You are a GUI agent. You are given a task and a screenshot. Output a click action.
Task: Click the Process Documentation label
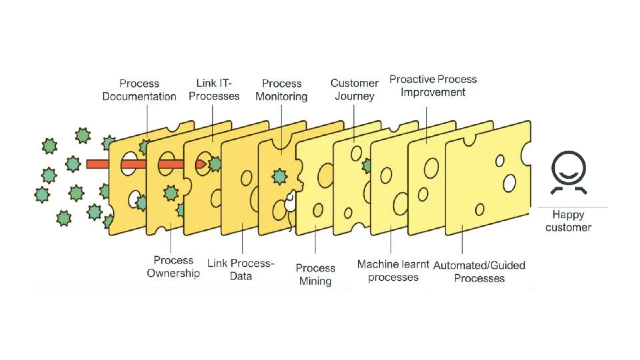pos(139,90)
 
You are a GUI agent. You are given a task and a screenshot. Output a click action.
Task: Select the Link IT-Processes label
pos(214,90)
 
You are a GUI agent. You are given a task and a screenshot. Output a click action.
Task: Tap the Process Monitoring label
pos(282,90)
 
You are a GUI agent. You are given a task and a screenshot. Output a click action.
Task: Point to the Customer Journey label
pos(354,90)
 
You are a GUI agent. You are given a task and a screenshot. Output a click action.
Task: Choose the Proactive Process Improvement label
pos(433,86)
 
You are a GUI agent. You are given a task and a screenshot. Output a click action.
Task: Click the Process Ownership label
pos(173,267)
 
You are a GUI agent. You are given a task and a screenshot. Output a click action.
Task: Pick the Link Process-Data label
pos(241,269)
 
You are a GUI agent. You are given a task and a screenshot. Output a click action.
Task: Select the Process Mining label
pos(315,274)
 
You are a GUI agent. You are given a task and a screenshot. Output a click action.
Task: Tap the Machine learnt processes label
pos(393,271)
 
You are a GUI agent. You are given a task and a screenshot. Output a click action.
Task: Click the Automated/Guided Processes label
pos(479,272)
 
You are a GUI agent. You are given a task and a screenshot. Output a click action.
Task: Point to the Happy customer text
pos(568,221)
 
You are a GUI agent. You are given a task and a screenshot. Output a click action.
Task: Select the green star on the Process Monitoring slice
pos(279,177)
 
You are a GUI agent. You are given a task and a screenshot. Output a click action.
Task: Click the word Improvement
pos(433,92)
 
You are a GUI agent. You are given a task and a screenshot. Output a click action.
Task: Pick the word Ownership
pos(173,273)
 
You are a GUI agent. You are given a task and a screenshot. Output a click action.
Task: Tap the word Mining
pos(315,281)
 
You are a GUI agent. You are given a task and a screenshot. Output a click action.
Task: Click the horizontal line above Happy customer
pos(572,207)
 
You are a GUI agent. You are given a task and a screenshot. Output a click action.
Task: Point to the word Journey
pos(354,96)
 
